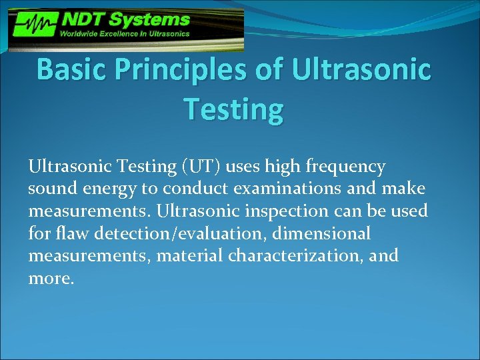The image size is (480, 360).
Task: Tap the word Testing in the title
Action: tap(233, 108)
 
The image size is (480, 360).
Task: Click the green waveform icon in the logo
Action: tap(34, 27)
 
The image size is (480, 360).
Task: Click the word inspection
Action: tap(295, 212)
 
